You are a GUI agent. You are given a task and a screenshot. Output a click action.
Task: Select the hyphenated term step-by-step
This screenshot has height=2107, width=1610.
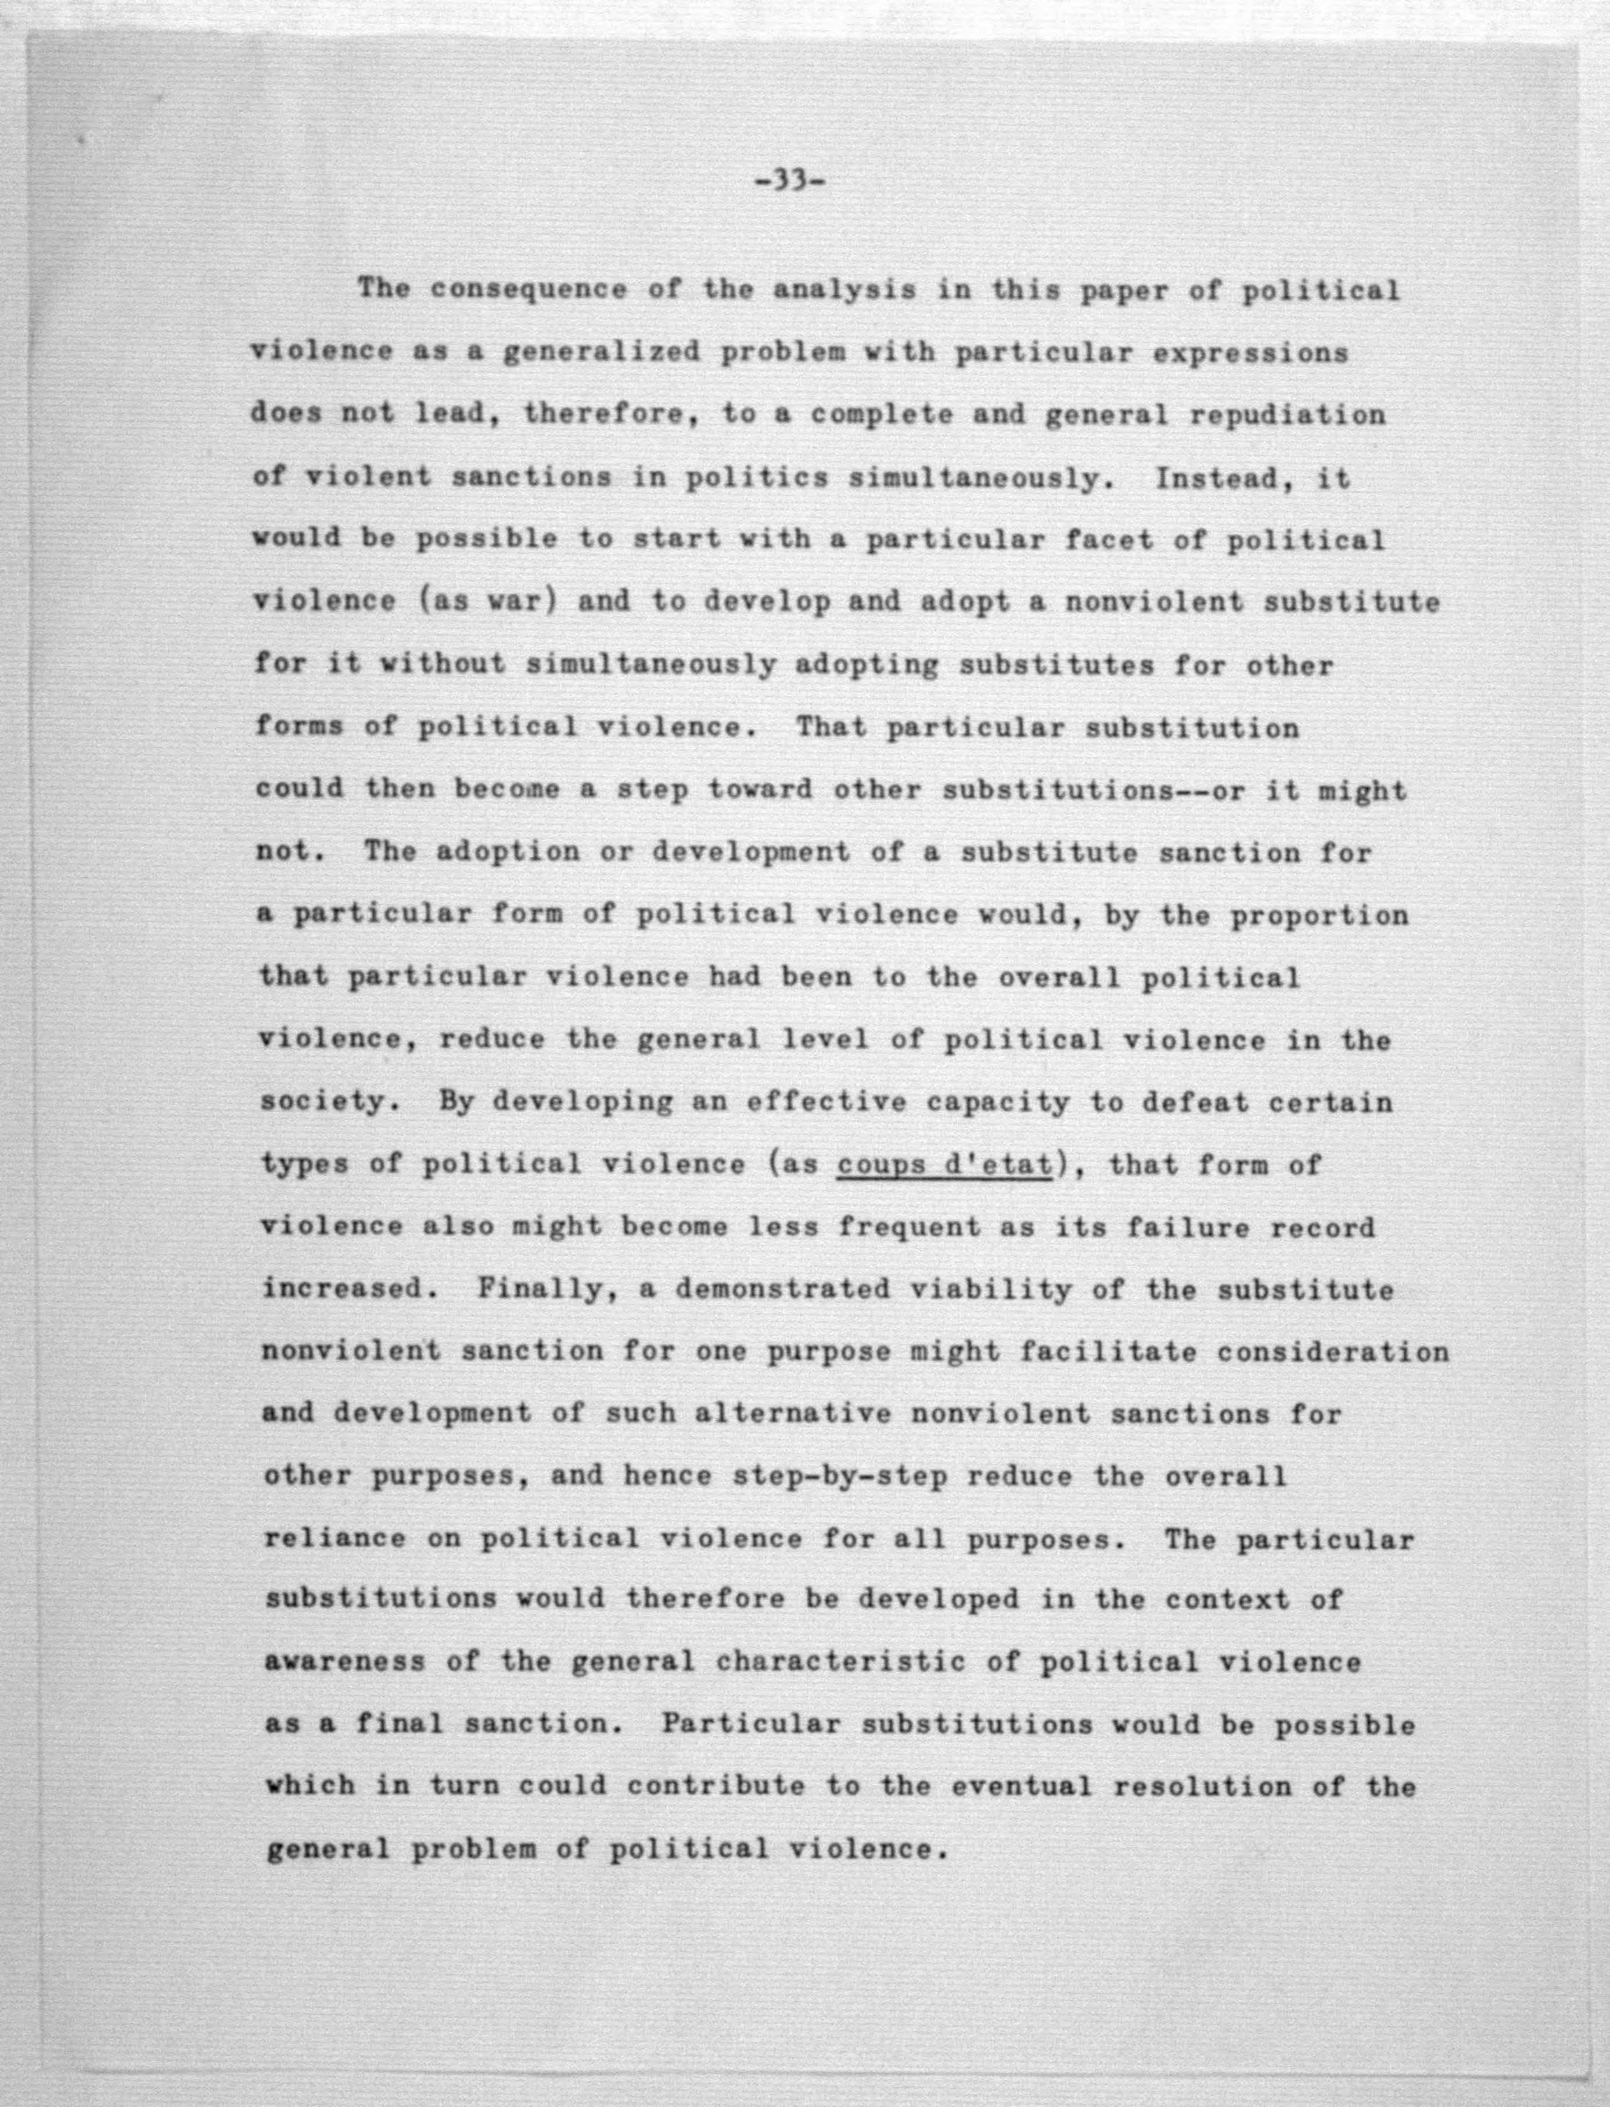[839, 1477]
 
